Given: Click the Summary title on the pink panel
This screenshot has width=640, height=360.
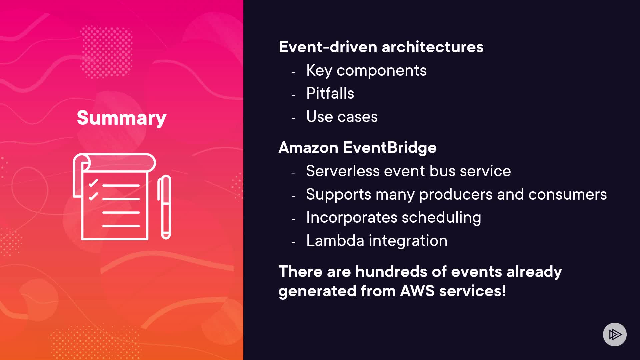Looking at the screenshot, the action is (122, 118).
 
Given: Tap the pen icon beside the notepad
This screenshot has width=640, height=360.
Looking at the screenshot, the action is (164, 207).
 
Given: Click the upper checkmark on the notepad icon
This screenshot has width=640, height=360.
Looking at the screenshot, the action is (93, 183).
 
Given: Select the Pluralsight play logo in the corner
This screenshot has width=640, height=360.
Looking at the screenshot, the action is (615, 334).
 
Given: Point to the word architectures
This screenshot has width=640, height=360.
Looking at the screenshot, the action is (433, 47).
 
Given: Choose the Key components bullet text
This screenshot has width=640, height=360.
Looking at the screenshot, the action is (366, 71).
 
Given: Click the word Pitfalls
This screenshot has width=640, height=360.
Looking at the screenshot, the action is (330, 93).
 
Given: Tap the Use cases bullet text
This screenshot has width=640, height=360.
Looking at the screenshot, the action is (342, 117).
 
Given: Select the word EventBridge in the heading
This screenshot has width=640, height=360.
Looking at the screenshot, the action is (390, 148).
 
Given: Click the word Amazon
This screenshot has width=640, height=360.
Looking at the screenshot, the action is (308, 148).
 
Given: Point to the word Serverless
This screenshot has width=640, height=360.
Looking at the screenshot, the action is (343, 171).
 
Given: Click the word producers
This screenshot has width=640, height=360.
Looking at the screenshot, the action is (456, 195).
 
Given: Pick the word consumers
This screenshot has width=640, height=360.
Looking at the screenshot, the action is (568, 194).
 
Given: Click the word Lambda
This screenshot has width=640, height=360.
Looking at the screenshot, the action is (335, 241).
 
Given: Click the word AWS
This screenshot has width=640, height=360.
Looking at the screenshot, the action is (417, 291).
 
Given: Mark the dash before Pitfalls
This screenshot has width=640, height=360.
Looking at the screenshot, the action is (293, 95).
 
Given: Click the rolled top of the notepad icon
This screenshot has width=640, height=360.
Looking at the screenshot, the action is (114, 163).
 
